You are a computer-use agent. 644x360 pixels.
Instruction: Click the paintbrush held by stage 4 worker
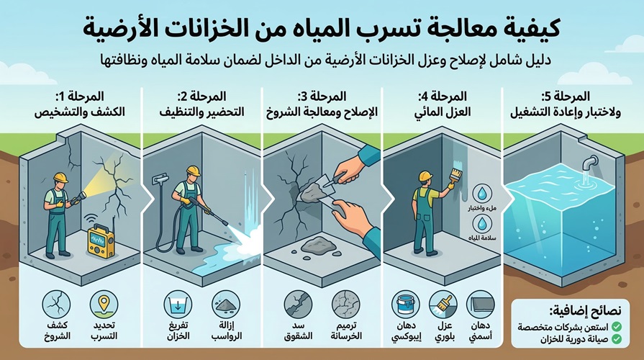[454, 171]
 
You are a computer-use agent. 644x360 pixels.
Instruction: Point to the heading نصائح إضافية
[588, 311]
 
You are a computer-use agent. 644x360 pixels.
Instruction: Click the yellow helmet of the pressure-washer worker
[193, 171]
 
